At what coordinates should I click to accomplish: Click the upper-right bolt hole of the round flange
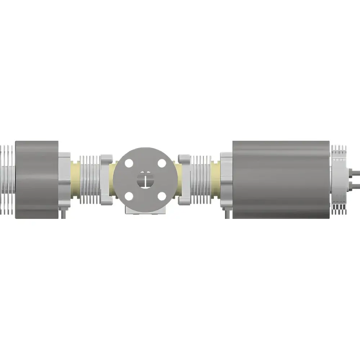click(x=162, y=163)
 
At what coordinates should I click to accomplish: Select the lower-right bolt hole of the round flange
click(x=162, y=196)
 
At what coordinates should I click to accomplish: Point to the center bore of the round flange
click(x=145, y=180)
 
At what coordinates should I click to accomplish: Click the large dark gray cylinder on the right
click(x=281, y=179)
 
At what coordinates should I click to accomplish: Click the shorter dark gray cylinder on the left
click(x=37, y=179)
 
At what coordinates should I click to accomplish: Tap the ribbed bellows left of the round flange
click(x=90, y=179)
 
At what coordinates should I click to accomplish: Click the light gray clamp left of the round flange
click(x=107, y=179)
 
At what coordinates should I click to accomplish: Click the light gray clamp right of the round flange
click(x=184, y=179)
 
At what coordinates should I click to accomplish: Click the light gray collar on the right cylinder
click(x=226, y=179)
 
